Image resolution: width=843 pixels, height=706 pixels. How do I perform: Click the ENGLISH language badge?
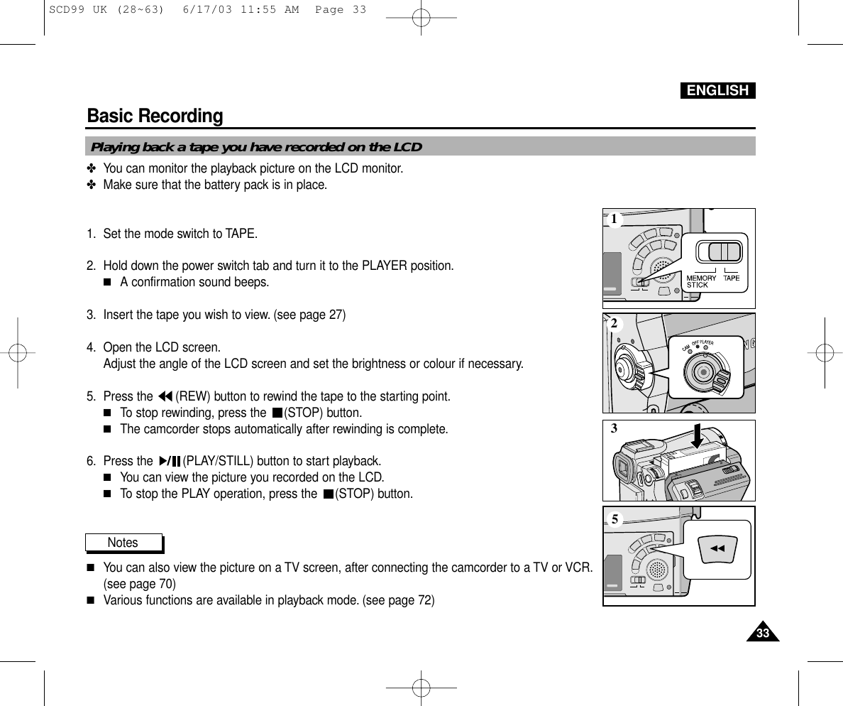[717, 90]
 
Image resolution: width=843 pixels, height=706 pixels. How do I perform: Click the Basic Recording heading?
[155, 116]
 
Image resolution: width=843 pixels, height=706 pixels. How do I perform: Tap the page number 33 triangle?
[762, 632]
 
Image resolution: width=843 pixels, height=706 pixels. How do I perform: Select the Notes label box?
[123, 543]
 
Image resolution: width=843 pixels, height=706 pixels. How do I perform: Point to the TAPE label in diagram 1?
[732, 278]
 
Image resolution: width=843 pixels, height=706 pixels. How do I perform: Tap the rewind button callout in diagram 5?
[717, 548]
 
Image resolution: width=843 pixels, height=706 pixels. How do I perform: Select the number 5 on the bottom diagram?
[615, 519]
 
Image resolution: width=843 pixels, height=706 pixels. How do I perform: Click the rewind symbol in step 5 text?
[165, 396]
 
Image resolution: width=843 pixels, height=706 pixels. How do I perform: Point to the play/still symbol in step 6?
[170, 461]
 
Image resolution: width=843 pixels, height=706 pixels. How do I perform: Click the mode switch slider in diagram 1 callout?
[719, 252]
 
